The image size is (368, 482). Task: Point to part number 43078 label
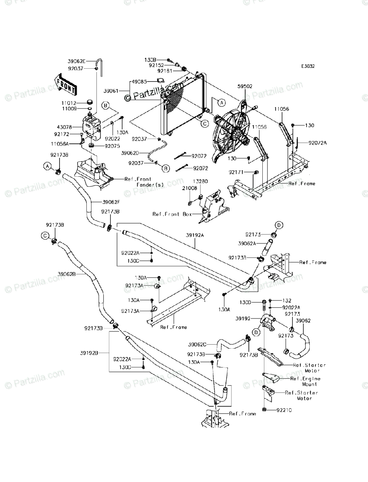click(x=70, y=127)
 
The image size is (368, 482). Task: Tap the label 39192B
click(x=89, y=353)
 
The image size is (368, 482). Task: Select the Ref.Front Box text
click(x=172, y=214)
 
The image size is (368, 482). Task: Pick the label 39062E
click(x=77, y=61)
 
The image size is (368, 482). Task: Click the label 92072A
click(x=318, y=143)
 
